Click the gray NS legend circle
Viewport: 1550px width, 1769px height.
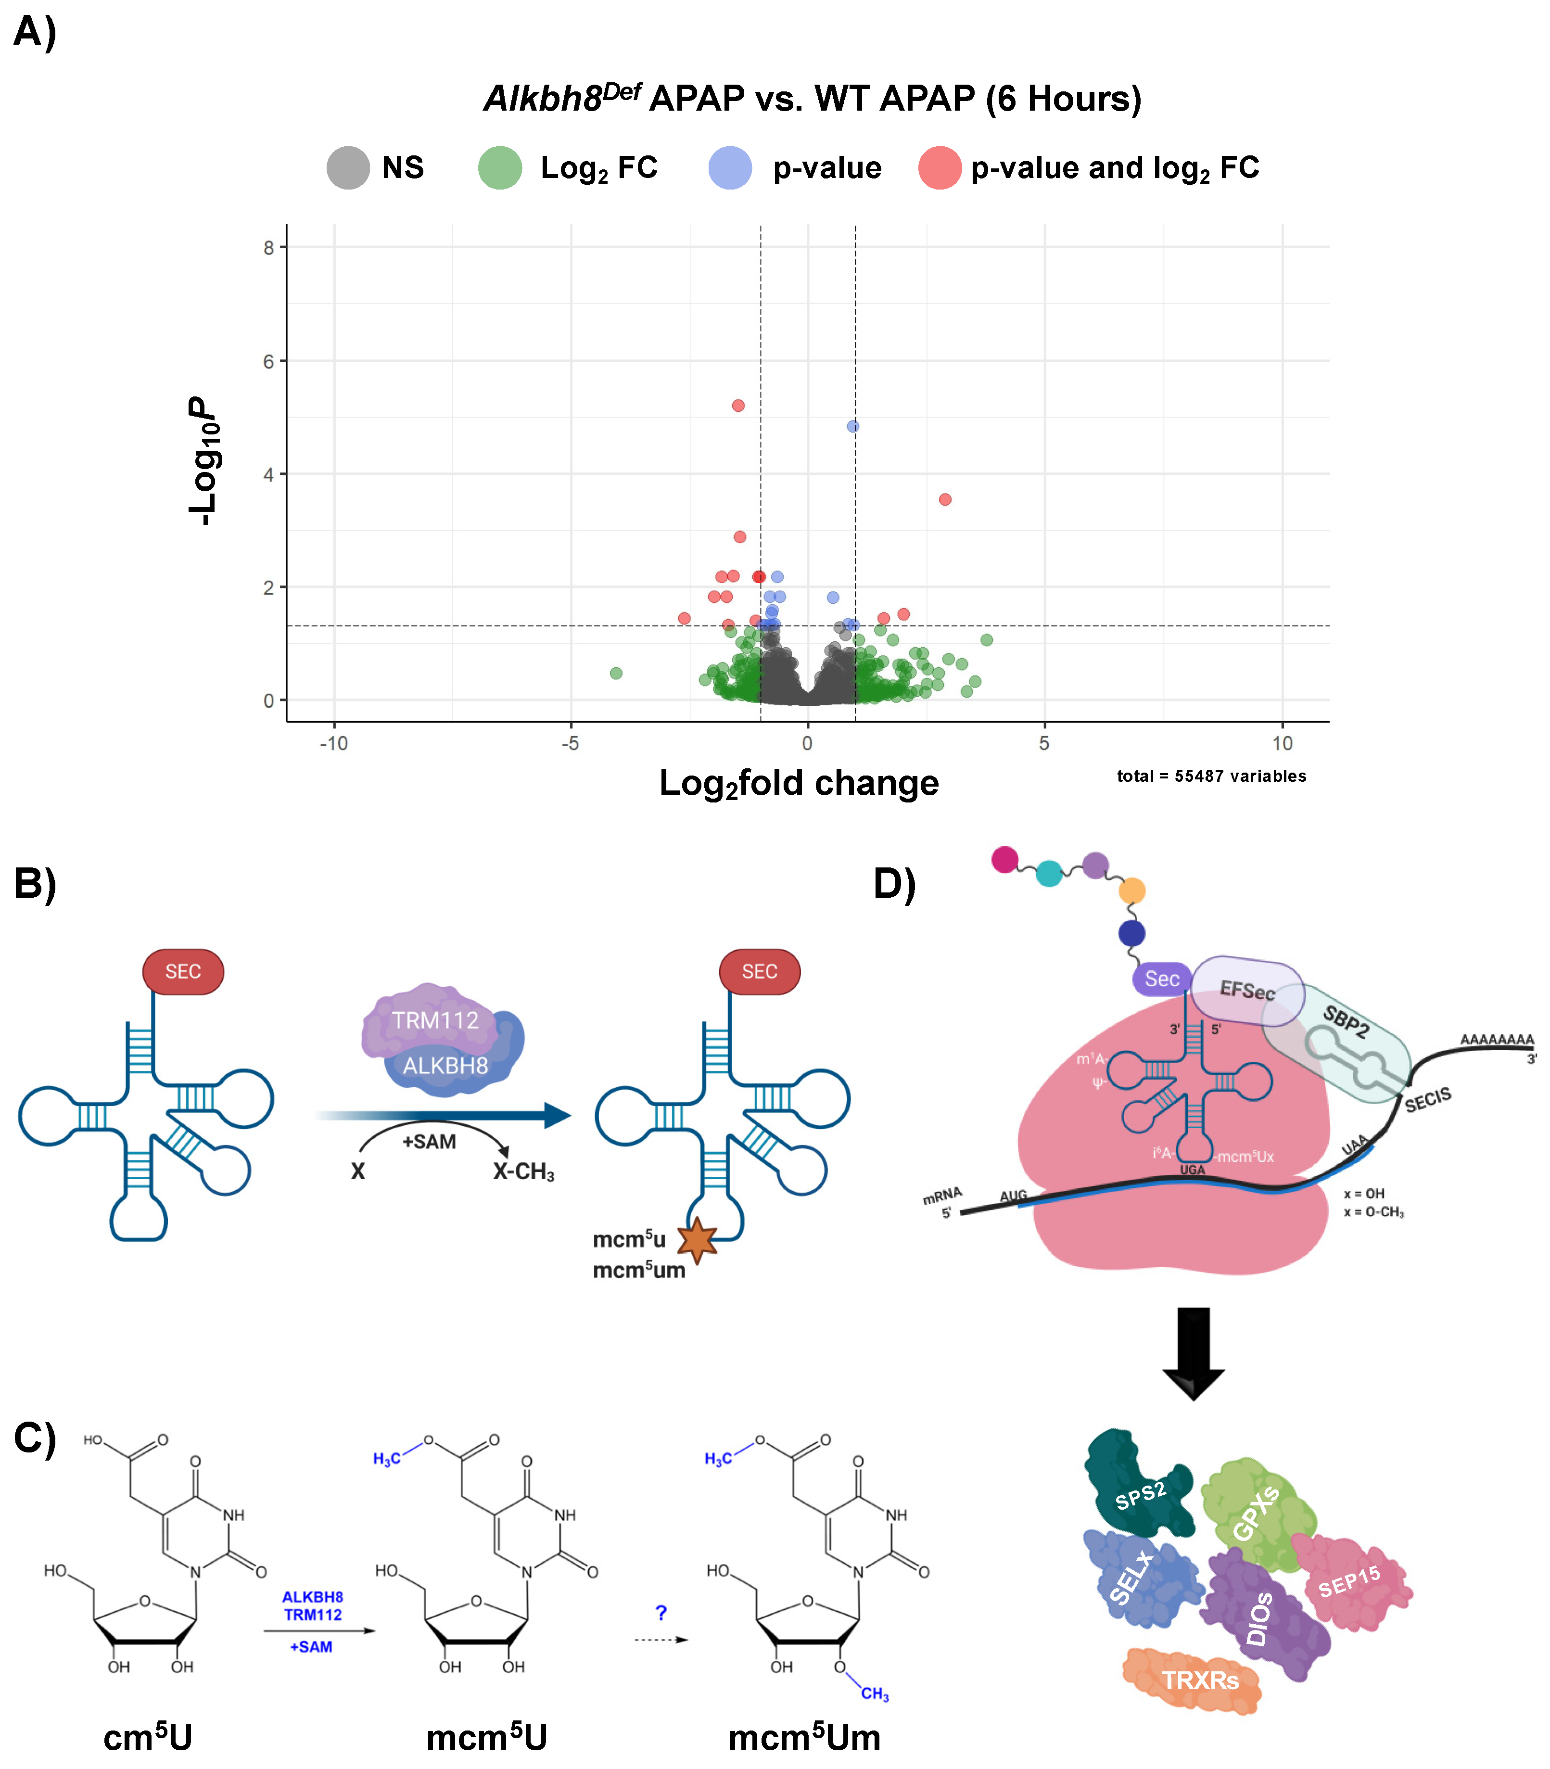[348, 168]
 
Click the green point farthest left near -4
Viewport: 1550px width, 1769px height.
[616, 673]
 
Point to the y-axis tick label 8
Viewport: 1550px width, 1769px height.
[269, 248]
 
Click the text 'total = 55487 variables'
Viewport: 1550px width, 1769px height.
[1211, 776]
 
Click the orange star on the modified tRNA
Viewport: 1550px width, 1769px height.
[697, 1240]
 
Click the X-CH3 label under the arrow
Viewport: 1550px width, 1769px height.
[523, 1172]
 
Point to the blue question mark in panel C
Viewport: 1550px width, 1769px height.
[661, 1613]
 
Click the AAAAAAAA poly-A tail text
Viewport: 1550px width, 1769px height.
[1497, 1039]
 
